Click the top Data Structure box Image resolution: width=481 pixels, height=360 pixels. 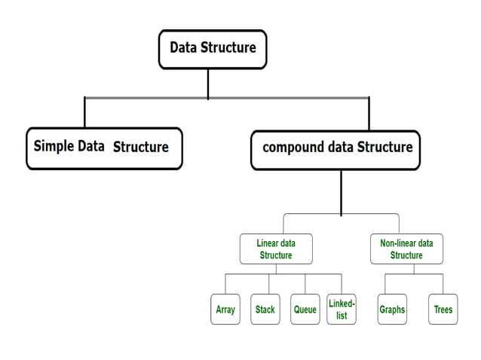click(x=212, y=49)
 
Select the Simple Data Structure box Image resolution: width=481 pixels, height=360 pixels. click(x=104, y=148)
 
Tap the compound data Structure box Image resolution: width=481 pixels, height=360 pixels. click(x=335, y=148)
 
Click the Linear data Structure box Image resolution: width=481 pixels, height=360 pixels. click(x=276, y=249)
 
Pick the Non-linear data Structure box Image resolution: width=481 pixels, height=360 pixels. click(x=406, y=249)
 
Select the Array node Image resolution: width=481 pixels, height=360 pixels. click(x=225, y=310)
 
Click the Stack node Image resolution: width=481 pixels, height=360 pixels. click(x=265, y=310)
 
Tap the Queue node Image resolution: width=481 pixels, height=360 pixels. click(x=305, y=310)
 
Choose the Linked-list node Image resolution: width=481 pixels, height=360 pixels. click(x=342, y=310)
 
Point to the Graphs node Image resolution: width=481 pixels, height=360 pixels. click(x=392, y=310)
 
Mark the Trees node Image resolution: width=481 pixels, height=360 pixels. click(x=443, y=310)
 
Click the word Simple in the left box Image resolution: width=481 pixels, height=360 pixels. click(x=54, y=146)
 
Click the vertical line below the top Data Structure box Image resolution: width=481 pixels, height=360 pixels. click(x=208, y=84)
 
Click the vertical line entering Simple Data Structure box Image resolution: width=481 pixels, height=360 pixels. click(x=84, y=112)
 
